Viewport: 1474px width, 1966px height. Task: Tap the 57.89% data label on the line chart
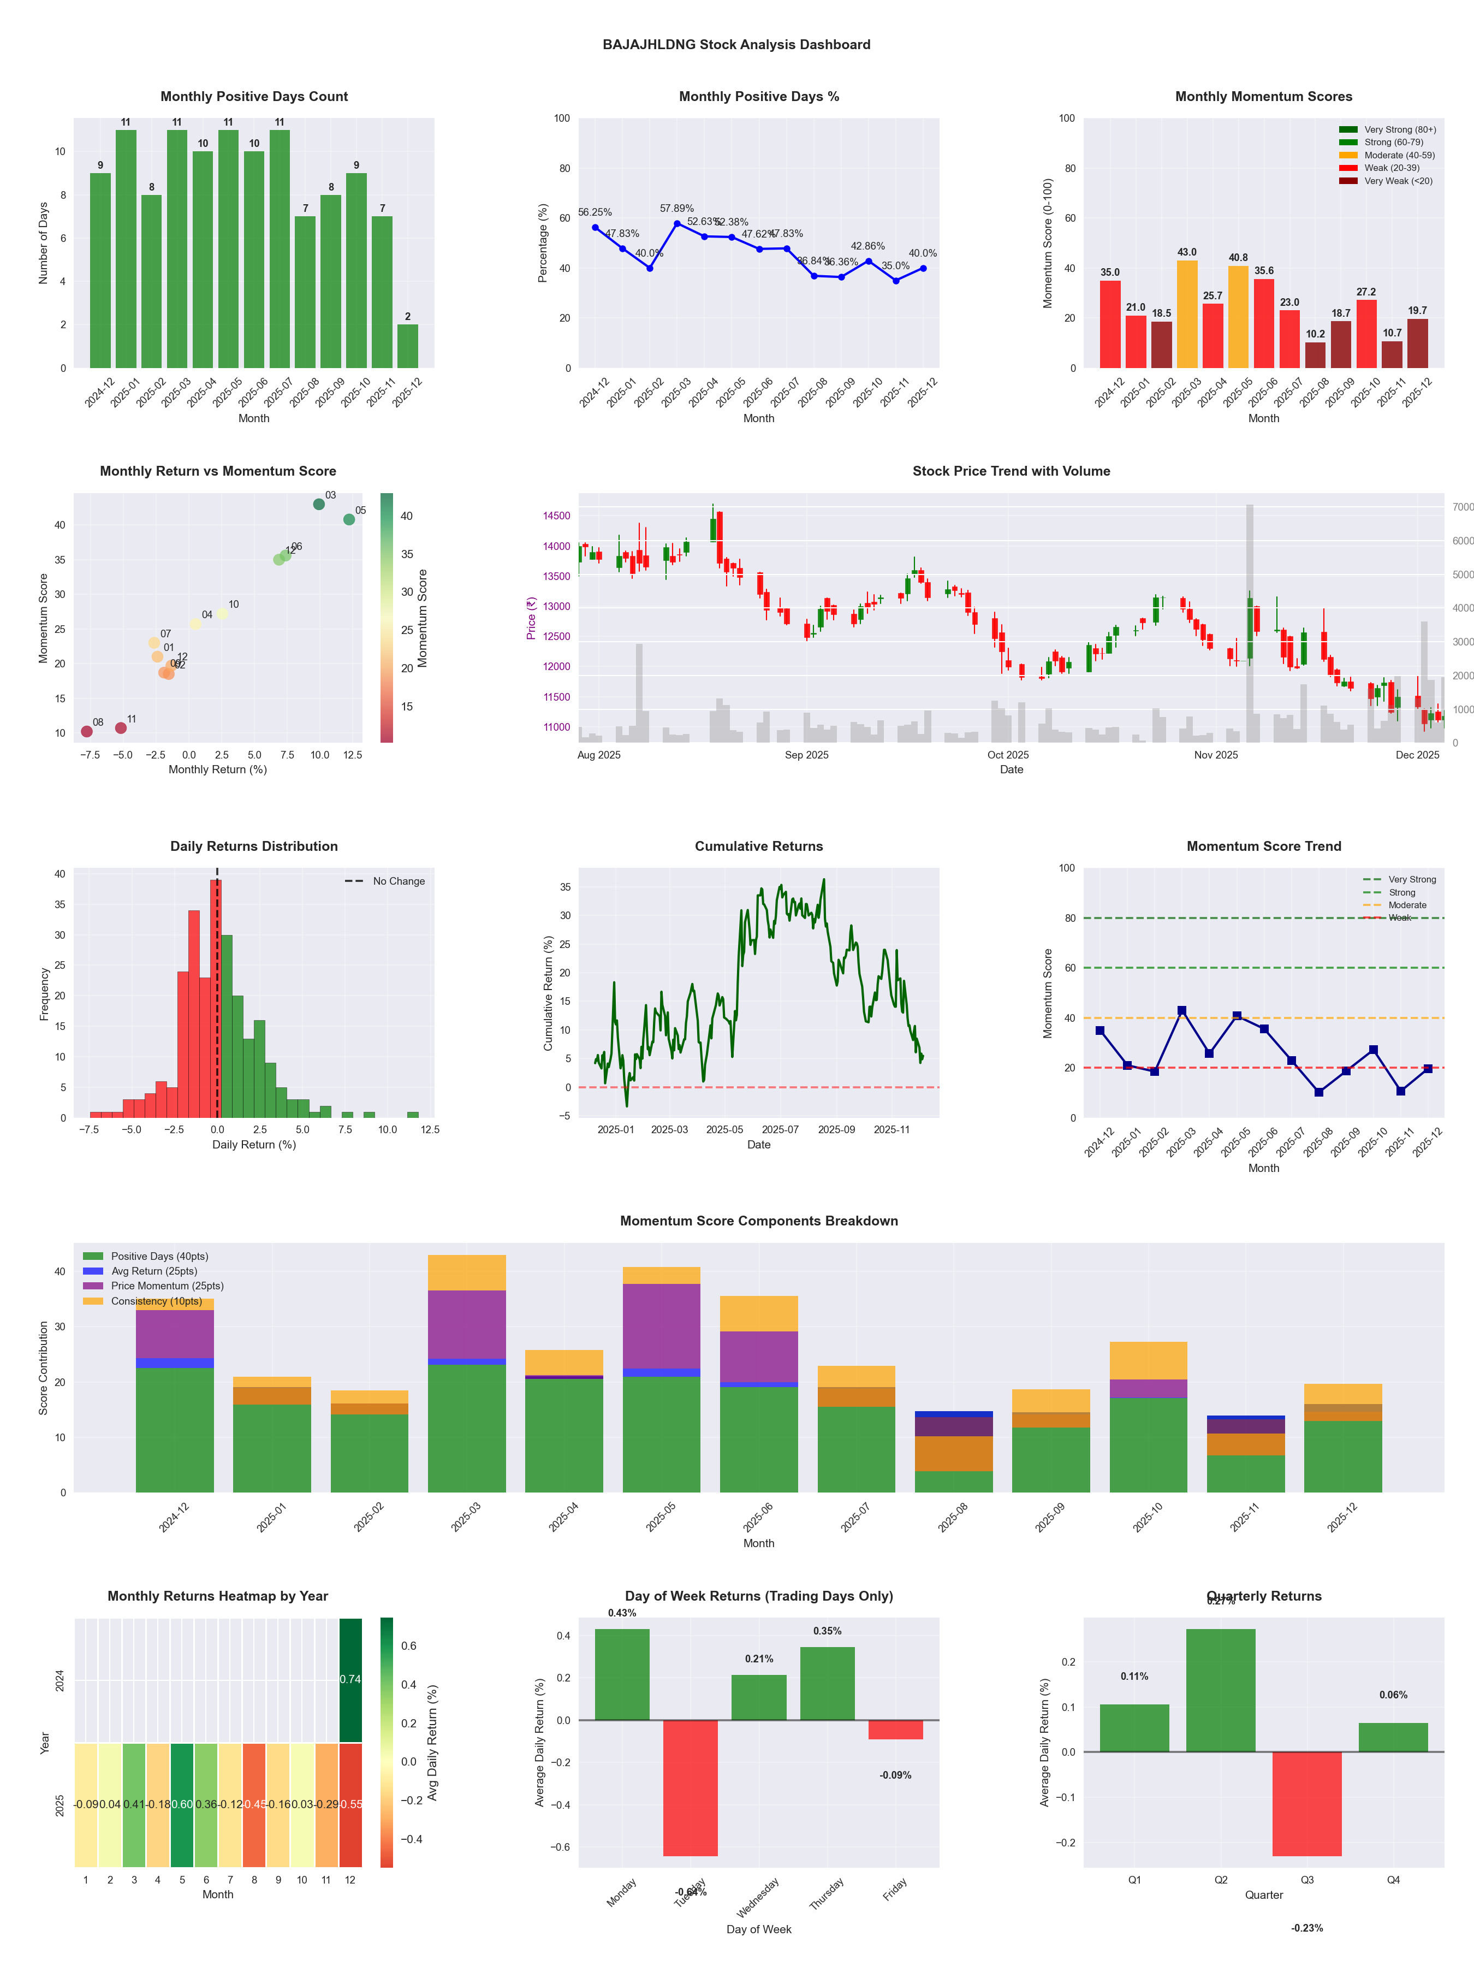pyautogui.click(x=676, y=209)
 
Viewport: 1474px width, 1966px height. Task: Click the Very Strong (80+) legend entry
pyautogui.click(x=1399, y=130)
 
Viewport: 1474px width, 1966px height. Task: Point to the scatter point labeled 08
pyautogui.click(x=87, y=731)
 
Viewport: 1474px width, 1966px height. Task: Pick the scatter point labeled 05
pyautogui.click(x=349, y=519)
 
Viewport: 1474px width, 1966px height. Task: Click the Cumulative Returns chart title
pyautogui.click(x=759, y=846)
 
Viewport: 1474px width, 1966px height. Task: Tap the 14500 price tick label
pyautogui.click(x=556, y=516)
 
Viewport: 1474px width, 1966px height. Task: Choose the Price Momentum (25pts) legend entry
pyautogui.click(x=167, y=1286)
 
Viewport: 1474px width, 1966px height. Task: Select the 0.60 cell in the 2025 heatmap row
pyautogui.click(x=182, y=1805)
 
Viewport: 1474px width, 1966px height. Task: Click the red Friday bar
pyautogui.click(x=896, y=1730)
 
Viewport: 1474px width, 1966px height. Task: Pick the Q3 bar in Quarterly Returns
pyautogui.click(x=1307, y=1804)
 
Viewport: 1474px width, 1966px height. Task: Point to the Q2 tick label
pyautogui.click(x=1221, y=1880)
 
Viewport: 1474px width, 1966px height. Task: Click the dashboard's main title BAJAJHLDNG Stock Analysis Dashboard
pyautogui.click(x=736, y=44)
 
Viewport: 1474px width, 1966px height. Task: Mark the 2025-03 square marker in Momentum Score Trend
pyautogui.click(x=1182, y=1010)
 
